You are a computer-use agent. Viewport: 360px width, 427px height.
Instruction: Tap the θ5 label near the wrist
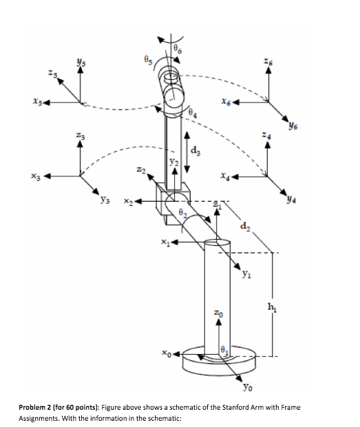[x=146, y=60]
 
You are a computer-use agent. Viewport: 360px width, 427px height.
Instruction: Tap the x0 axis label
[x=167, y=355]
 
